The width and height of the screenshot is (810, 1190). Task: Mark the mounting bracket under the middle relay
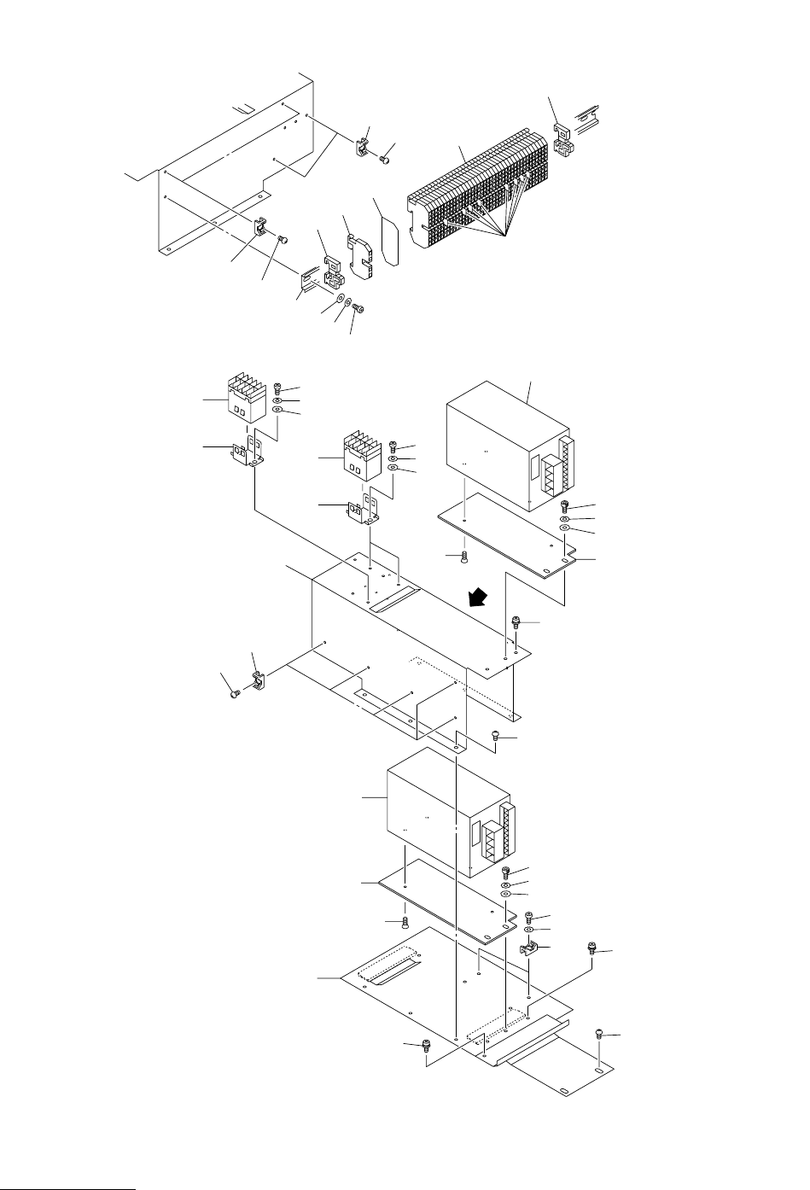click(x=364, y=513)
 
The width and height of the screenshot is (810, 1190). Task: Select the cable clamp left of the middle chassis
click(x=258, y=680)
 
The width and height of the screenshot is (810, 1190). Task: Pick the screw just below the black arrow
click(x=516, y=624)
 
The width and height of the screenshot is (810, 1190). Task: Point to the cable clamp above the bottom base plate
click(x=529, y=949)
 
